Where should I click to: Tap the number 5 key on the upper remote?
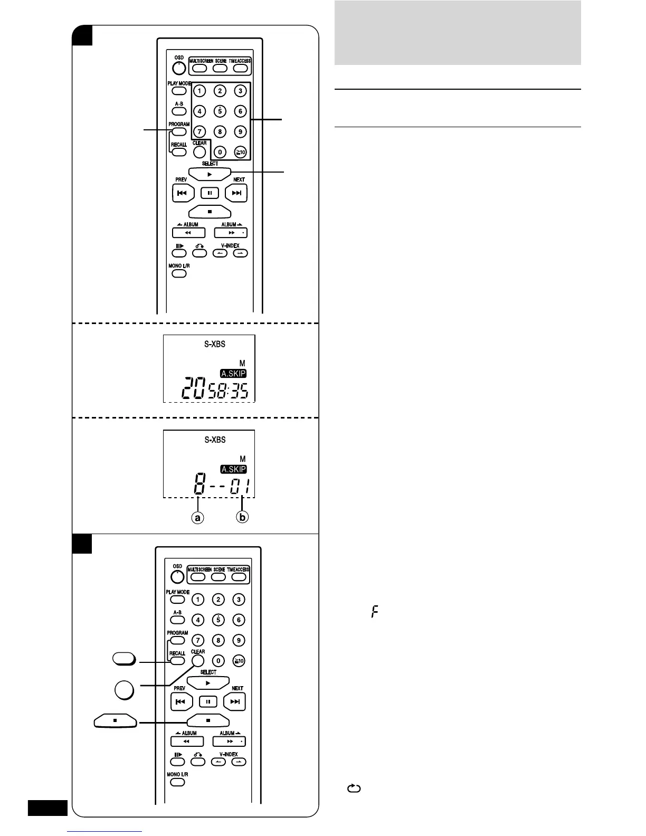[220, 111]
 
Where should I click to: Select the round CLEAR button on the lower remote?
[198, 661]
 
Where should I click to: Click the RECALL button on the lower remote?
[177, 661]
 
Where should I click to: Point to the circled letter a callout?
[197, 518]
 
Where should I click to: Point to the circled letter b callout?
[242, 518]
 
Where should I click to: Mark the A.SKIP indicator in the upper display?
[233, 374]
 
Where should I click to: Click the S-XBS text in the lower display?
[215, 440]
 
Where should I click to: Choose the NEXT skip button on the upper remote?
[236, 193]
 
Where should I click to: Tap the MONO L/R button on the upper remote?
[179, 273]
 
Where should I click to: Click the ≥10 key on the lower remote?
[239, 661]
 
